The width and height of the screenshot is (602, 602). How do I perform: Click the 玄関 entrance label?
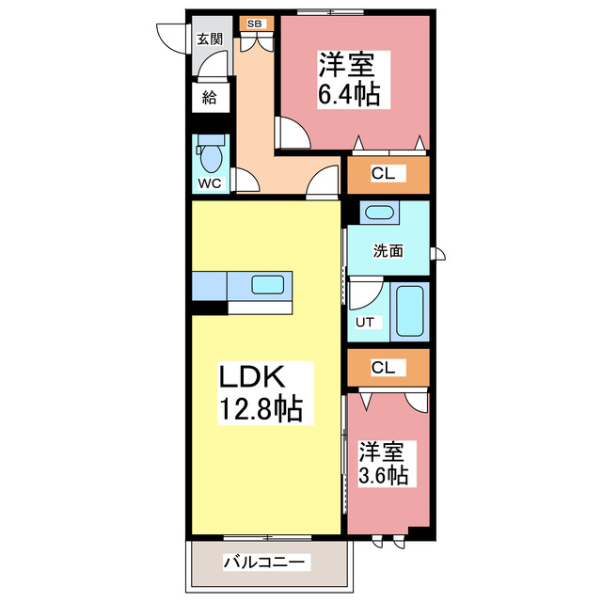210,40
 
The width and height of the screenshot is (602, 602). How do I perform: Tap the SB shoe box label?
255,23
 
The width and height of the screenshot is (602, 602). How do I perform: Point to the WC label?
209,183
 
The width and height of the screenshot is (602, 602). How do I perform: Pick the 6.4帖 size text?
349,94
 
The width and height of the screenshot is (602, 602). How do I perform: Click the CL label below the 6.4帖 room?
383,173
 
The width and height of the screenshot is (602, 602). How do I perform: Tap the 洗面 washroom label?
388,251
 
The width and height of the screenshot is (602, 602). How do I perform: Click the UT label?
365,323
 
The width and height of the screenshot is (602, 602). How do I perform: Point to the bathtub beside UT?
410,309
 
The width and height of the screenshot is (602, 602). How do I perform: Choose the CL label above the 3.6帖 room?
383,368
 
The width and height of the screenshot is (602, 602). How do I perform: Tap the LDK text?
251,377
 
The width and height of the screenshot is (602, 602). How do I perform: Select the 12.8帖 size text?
261,409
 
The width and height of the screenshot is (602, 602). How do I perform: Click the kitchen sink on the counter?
272,285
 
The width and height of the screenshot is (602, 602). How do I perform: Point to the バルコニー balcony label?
264,562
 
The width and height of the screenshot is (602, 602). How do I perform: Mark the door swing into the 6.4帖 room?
290,132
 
